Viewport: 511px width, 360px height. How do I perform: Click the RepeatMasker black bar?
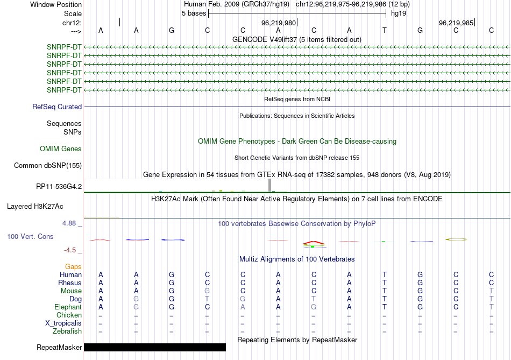(155, 347)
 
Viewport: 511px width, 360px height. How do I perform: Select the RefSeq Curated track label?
(57, 107)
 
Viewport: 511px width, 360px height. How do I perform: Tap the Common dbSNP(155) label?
(48, 165)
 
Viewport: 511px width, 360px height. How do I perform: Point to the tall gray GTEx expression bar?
(269, 185)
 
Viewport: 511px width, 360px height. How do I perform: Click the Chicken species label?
(69, 315)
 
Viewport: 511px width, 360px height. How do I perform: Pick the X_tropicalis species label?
(63, 323)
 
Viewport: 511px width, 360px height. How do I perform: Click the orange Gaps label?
(73, 266)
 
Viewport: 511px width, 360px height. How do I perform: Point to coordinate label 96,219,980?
(279, 23)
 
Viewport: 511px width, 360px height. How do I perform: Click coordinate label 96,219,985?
(456, 23)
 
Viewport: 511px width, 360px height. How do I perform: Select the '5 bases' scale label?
(194, 13)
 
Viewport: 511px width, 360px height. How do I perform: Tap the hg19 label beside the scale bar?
(399, 13)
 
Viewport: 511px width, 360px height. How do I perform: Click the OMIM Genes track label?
(61, 149)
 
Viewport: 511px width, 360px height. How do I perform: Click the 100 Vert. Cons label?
(30, 236)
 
